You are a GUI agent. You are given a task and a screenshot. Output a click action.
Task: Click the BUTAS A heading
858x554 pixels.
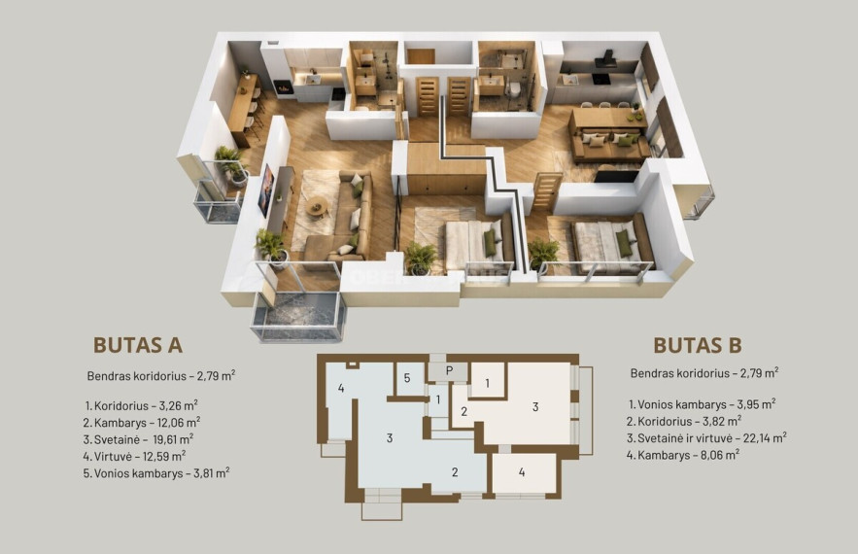pos(138,345)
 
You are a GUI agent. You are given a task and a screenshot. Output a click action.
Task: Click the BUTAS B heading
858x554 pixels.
pos(698,345)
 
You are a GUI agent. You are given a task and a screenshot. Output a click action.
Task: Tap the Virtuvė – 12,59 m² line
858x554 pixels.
pos(135,456)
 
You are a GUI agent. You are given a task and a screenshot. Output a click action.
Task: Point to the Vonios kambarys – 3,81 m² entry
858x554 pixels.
pos(156,473)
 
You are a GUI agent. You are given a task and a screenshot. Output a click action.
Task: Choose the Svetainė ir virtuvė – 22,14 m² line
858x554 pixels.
pos(707,438)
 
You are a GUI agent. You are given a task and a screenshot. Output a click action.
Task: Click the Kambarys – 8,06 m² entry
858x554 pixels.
pos(683,455)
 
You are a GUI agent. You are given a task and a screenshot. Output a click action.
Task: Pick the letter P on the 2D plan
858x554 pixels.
pos(449,370)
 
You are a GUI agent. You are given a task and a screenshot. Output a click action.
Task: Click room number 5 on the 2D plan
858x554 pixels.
pos(407,378)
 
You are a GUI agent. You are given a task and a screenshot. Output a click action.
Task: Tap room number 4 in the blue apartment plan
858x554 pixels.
pos(341,388)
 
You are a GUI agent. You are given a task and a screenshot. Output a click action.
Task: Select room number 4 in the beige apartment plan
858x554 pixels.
pos(522,472)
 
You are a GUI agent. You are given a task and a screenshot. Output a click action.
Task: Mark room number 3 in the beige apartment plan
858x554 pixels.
pos(535,406)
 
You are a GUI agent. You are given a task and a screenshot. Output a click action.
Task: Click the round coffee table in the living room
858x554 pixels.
pos(317,207)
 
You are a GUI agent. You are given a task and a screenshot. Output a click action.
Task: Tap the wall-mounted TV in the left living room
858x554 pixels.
pos(266,190)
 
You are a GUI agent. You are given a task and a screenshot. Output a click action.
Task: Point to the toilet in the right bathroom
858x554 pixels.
pos(513,89)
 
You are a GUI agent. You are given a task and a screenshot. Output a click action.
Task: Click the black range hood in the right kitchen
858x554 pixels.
pos(605,59)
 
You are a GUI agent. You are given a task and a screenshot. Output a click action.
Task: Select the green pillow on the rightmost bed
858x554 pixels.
pos(623,244)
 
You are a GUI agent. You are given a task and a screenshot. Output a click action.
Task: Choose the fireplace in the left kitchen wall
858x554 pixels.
pos(283,87)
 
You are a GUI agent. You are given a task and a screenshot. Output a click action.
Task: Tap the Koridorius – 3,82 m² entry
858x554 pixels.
pos(684,421)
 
